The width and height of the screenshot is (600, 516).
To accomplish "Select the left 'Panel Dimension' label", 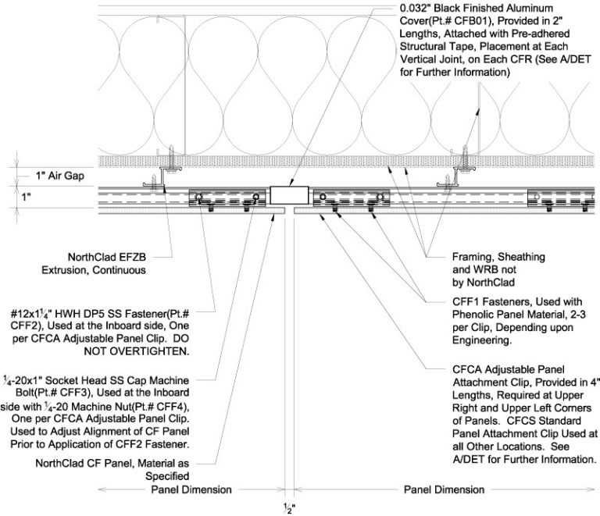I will [191, 489].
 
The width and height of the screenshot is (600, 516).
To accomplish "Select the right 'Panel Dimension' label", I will [443, 489].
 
